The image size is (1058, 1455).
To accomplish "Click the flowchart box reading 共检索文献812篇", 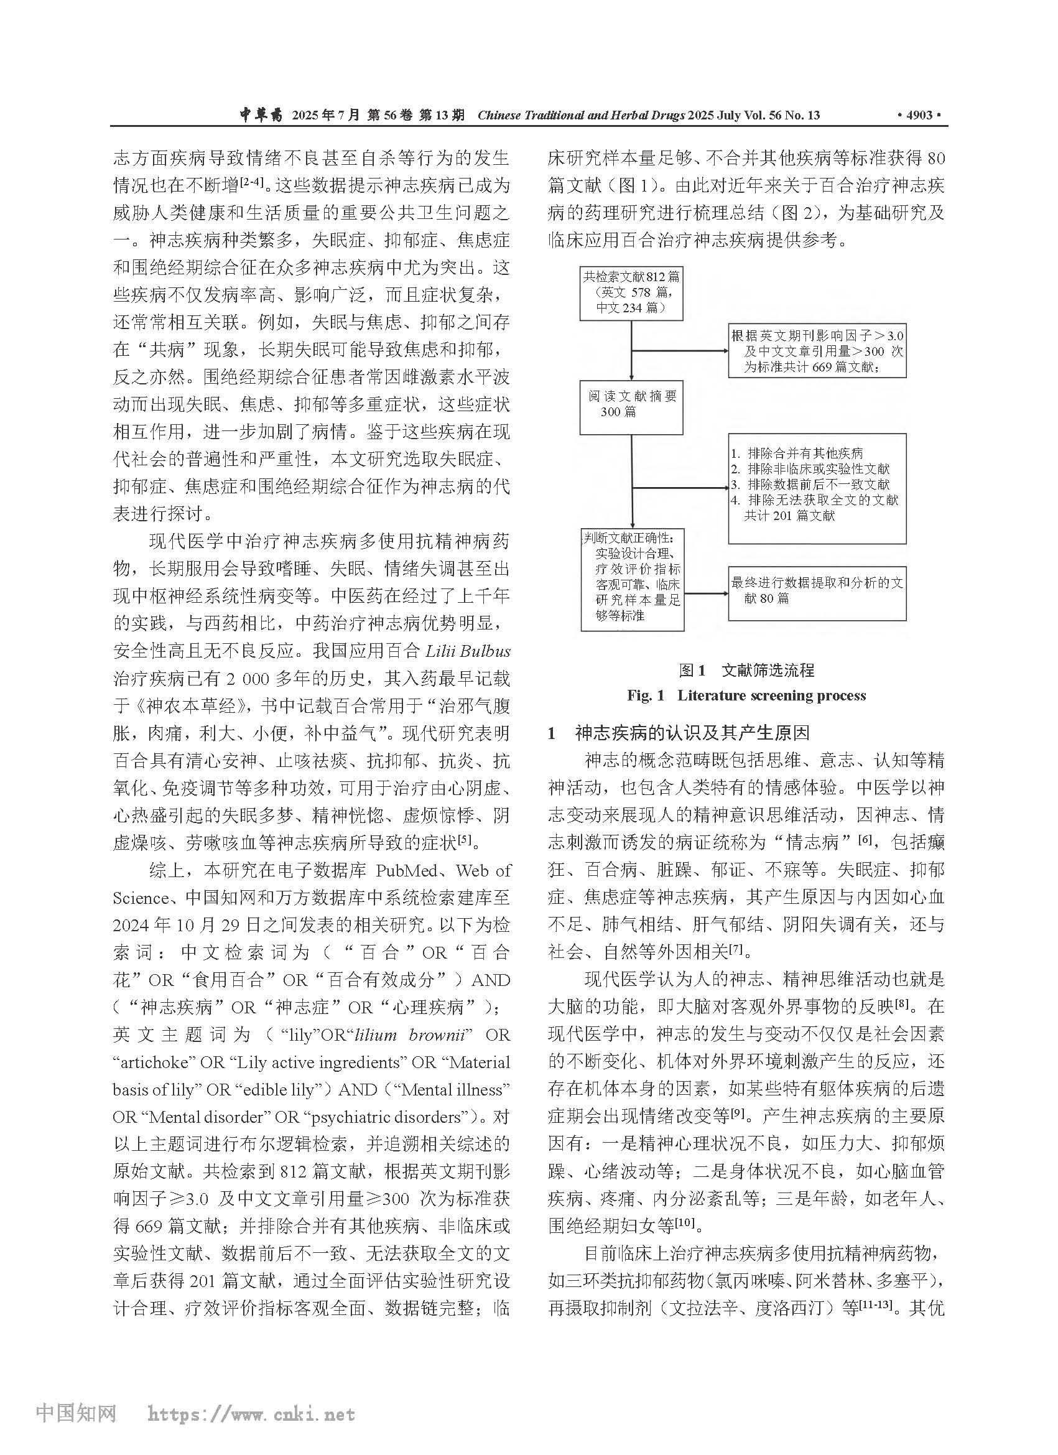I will [x=631, y=292].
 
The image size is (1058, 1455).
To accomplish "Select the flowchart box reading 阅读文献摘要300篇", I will [x=631, y=407].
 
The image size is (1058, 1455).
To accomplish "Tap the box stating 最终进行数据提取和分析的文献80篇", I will [x=817, y=593].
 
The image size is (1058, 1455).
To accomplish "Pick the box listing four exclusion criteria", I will [x=817, y=488].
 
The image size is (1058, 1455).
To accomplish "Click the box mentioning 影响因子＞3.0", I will [x=817, y=350].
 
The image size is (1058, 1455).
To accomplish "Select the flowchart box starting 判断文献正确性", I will [x=632, y=579].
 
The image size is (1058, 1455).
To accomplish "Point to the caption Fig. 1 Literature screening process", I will [x=746, y=696].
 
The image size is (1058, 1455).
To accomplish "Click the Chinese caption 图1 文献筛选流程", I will [x=746, y=671].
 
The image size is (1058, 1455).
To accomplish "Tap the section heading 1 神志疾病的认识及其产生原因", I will [x=678, y=733].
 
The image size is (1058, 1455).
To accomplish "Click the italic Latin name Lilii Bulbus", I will [x=468, y=651].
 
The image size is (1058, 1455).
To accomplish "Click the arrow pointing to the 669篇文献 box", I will [x=680, y=351].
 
